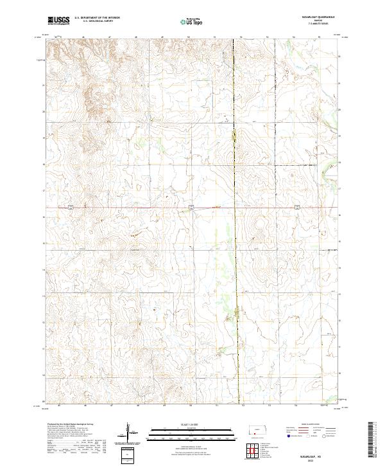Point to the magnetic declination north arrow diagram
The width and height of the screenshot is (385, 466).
pyautogui.click(x=128, y=433)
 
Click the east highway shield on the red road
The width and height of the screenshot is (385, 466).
pyautogui.click(x=298, y=207)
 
